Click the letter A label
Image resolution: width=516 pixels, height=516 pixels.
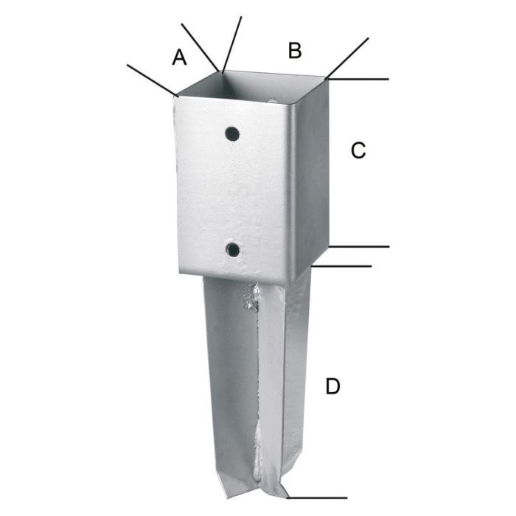(179, 57)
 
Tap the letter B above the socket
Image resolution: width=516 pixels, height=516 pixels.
(295, 50)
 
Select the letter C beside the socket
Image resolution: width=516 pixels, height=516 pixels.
(358, 150)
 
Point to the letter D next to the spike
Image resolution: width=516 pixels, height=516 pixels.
(333, 386)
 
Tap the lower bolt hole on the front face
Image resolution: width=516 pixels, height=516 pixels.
(233, 251)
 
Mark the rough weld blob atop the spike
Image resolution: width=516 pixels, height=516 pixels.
(251, 298)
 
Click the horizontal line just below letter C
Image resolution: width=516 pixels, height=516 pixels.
(359, 246)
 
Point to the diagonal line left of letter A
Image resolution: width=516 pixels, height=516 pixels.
(152, 80)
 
